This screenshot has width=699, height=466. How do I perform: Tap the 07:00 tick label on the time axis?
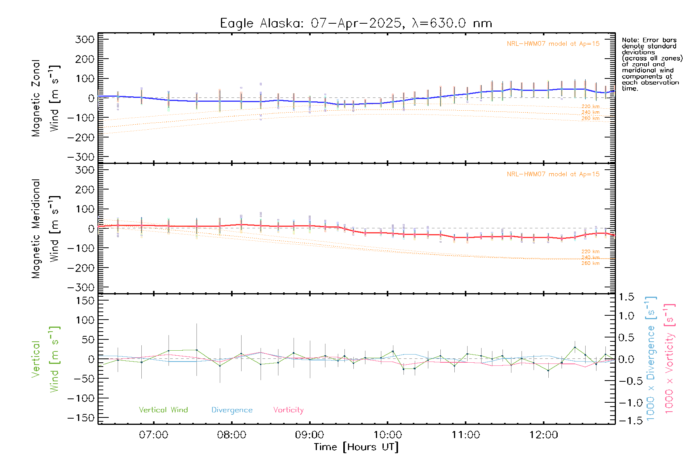click(154, 435)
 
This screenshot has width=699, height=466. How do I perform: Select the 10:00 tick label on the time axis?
click(388, 435)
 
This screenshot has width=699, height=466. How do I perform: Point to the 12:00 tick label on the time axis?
click(544, 435)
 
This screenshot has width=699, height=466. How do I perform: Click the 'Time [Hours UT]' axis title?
click(356, 447)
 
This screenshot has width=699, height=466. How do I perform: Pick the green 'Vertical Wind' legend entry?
click(163, 410)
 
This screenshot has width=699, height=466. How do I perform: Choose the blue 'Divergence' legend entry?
click(232, 410)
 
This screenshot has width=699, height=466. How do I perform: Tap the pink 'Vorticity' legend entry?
click(288, 410)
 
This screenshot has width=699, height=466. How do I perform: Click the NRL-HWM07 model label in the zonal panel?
click(553, 44)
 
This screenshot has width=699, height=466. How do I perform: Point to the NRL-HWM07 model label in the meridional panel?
click(553, 174)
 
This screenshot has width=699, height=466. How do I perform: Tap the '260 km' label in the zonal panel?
click(590, 118)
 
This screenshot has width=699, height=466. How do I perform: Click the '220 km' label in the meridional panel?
click(590, 252)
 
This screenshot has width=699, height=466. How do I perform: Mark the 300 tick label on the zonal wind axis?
click(85, 40)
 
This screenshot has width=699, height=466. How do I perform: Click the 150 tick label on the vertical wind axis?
click(85, 301)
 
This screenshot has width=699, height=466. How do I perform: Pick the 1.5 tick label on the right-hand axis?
click(626, 297)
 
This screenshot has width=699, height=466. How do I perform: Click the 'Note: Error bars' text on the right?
click(649, 40)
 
